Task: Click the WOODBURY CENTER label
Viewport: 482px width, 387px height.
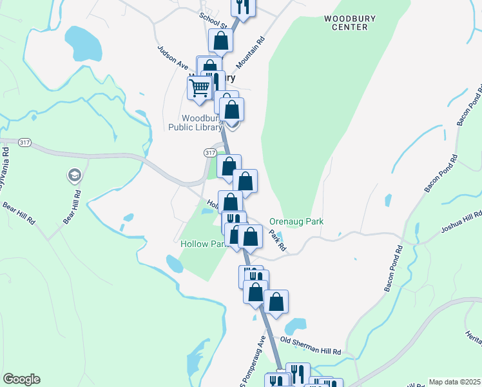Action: pos(350,23)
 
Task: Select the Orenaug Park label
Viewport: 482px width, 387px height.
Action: pos(296,221)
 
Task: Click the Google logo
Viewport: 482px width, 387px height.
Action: pos(21,379)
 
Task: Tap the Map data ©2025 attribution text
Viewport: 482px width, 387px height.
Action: pos(454,382)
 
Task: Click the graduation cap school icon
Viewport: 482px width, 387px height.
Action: pos(74,175)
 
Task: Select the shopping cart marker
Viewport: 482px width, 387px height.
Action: pos(200,87)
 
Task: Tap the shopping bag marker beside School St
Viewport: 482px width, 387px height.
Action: pos(220,40)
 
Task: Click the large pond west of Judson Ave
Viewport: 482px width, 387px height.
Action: pos(82,42)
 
